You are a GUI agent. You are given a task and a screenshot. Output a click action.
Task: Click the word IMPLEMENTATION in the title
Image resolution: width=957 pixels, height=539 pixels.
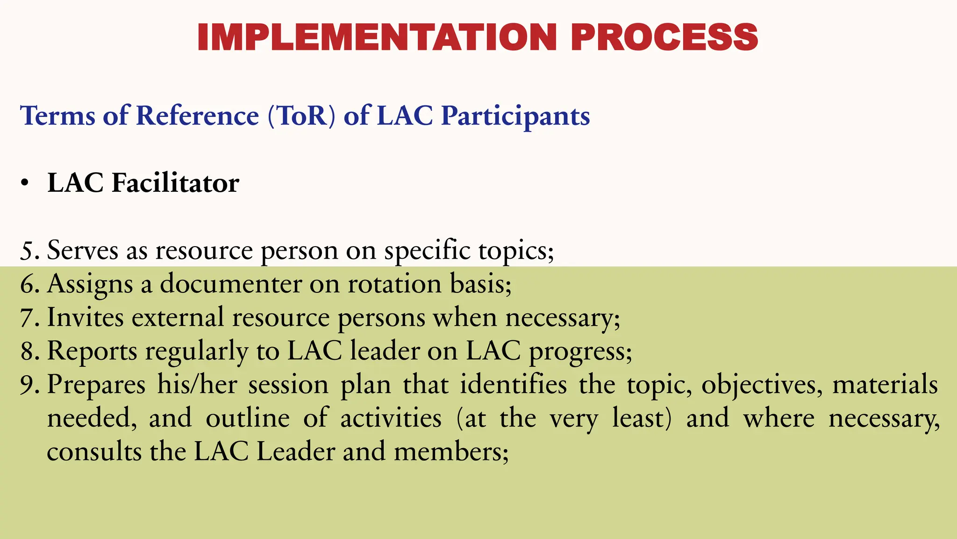tap(377, 37)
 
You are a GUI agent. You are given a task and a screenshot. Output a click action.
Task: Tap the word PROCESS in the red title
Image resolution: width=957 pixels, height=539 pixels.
tap(664, 37)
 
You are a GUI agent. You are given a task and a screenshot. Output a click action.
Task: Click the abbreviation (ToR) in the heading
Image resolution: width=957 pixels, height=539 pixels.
tap(301, 116)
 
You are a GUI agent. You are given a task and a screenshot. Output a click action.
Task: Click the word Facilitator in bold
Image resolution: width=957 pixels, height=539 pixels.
tap(175, 183)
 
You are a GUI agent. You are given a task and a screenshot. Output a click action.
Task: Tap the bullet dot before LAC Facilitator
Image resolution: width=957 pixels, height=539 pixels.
tap(25, 184)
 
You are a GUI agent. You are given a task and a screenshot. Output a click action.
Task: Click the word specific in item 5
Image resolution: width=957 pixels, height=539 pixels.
tap(427, 251)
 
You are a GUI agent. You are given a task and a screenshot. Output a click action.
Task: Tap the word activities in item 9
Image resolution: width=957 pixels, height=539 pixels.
tap(391, 418)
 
